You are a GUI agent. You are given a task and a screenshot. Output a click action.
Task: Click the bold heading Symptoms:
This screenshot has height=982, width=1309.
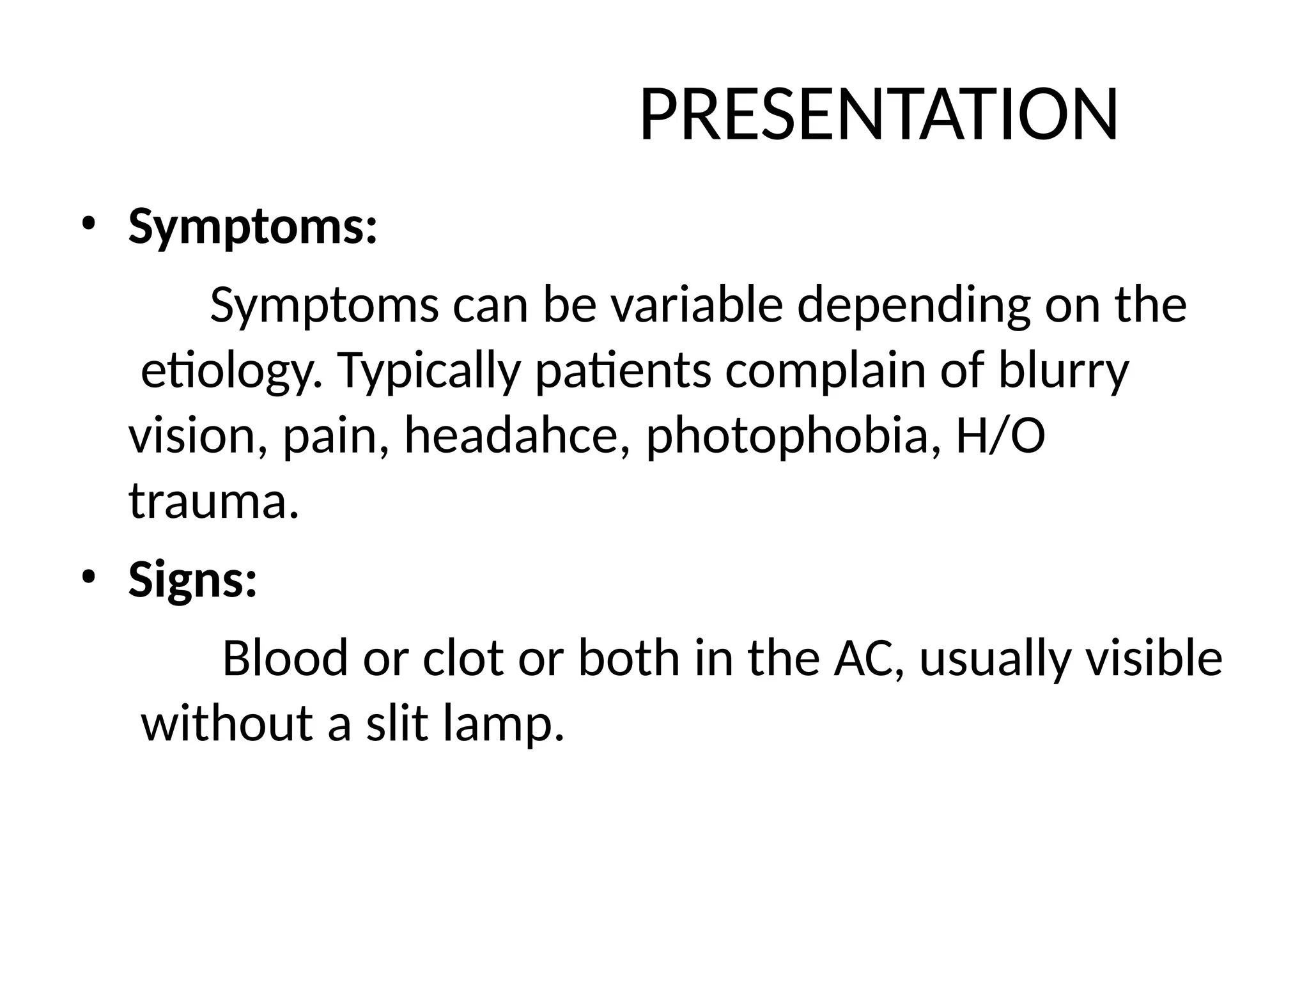(x=253, y=227)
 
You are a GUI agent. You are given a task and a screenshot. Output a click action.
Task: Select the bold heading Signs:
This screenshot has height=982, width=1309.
(x=192, y=579)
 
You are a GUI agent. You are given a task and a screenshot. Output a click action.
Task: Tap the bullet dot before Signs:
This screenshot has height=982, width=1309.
(x=88, y=576)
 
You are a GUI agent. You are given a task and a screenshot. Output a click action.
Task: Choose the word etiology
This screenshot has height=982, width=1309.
(x=230, y=371)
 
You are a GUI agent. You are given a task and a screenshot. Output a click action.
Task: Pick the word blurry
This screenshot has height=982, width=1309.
(x=1063, y=371)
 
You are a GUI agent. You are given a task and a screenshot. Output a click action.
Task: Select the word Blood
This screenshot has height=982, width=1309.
(x=284, y=658)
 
